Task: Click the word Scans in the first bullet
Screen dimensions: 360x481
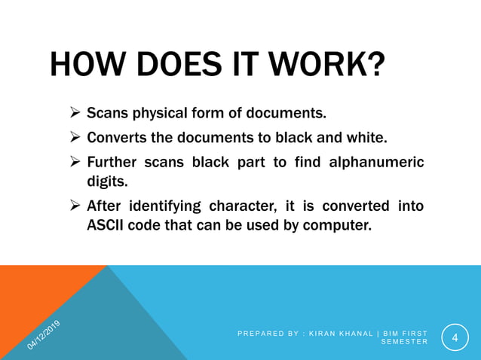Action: [x=107, y=114]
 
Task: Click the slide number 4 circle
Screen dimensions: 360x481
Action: [x=454, y=337]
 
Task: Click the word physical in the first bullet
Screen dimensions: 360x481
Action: [x=162, y=114]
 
